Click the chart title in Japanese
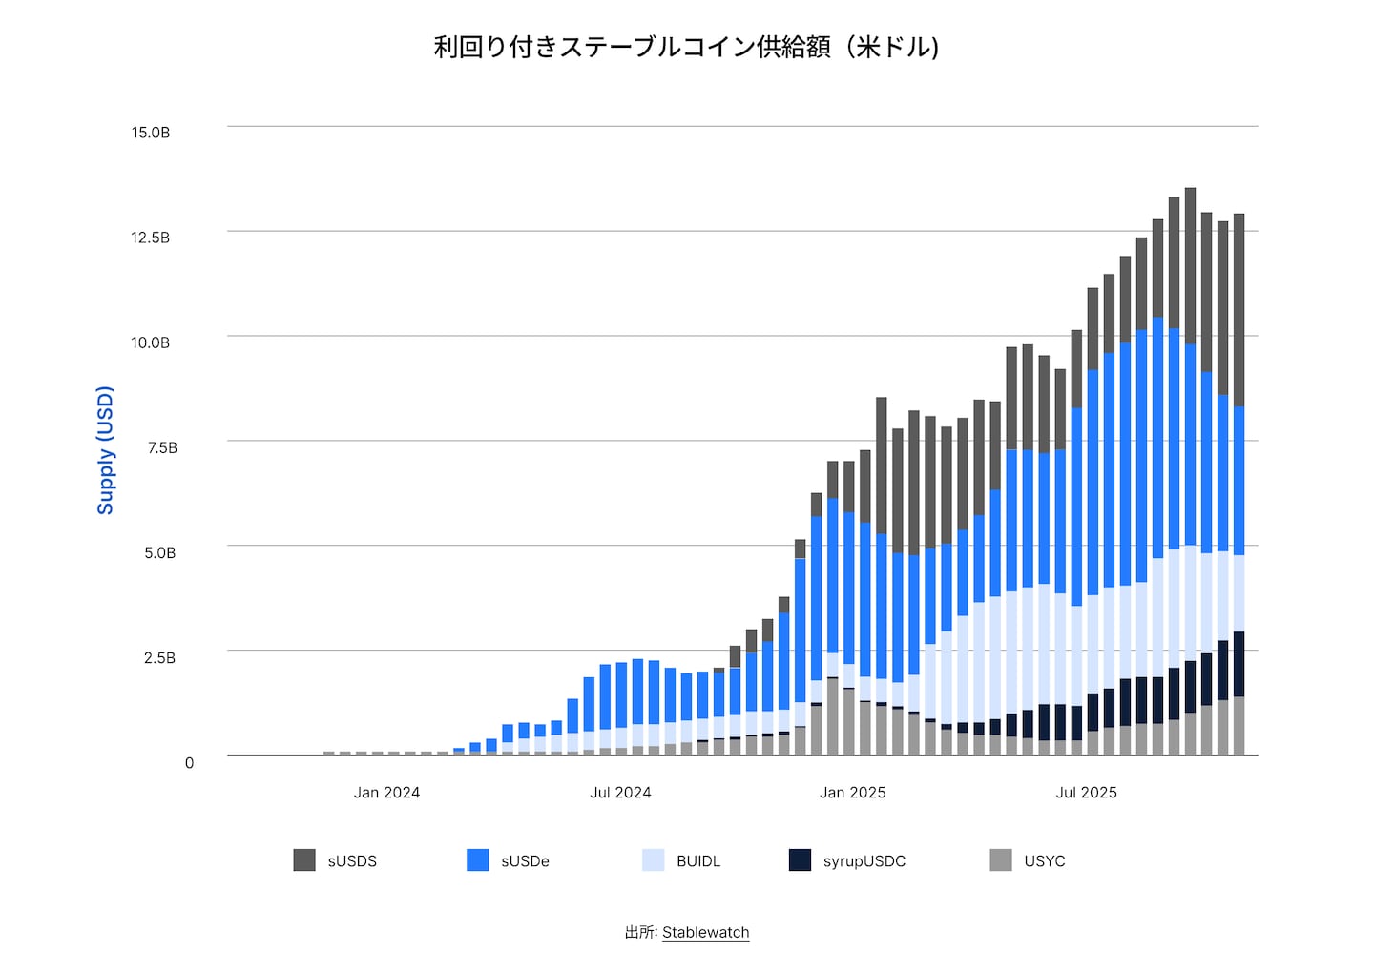point(686,47)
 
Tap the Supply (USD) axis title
point(105,450)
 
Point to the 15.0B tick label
point(151,133)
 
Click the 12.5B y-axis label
point(151,238)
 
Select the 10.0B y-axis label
point(151,342)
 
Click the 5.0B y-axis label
point(160,552)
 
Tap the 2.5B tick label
point(160,657)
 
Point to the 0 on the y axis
point(189,762)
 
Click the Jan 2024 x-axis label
point(386,793)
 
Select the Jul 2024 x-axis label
point(620,793)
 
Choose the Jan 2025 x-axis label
point(852,793)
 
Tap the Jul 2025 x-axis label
point(1086,793)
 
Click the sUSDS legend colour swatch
point(304,859)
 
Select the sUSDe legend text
point(525,861)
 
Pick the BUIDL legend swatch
point(654,859)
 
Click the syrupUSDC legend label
point(864,861)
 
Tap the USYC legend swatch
point(1001,859)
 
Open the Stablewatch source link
point(706,933)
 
